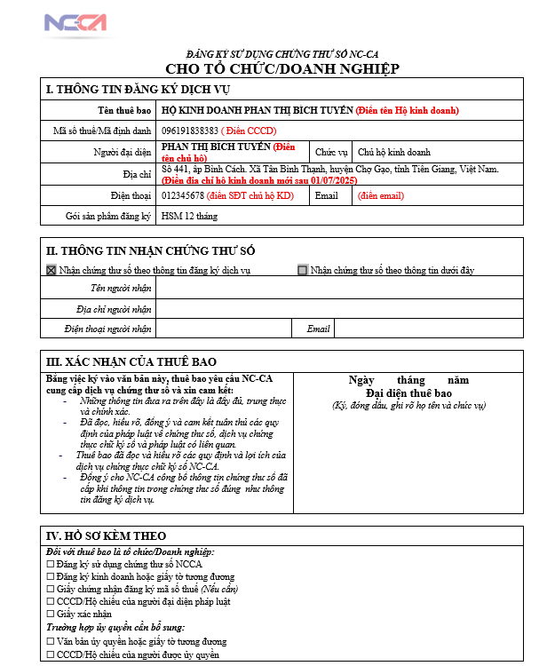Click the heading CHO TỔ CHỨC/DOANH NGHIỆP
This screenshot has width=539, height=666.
[x=282, y=69]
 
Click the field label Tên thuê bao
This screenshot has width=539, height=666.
[x=125, y=111]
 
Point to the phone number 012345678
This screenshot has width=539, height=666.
[x=183, y=195]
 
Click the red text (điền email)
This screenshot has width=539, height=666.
[x=381, y=195]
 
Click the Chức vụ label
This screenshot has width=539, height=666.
[x=331, y=153]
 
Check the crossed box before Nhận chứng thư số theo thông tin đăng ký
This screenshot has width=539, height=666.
[x=51, y=270]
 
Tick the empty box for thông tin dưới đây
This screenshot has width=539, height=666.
[x=303, y=270]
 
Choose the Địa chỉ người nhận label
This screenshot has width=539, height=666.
[x=114, y=309]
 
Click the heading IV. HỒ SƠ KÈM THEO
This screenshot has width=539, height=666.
[x=106, y=535]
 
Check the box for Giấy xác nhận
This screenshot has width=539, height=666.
[x=50, y=614]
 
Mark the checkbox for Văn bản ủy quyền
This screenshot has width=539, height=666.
[x=50, y=641]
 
